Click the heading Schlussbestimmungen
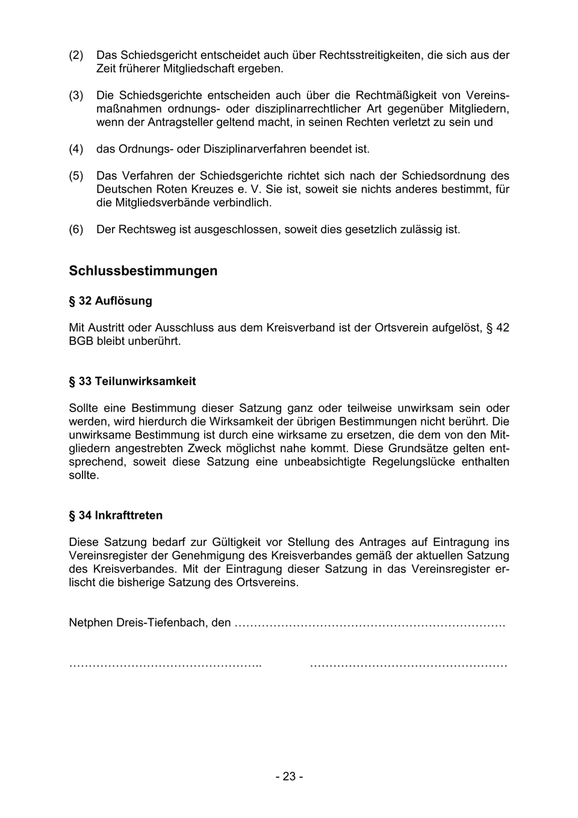(143, 271)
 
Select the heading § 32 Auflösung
(111, 301)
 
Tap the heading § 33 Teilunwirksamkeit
(132, 382)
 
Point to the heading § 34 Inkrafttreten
(116, 516)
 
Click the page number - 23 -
(289, 776)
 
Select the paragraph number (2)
(76, 55)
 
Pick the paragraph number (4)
(76, 149)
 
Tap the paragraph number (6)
(76, 229)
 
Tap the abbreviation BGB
(81, 341)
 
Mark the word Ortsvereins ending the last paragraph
(267, 583)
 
